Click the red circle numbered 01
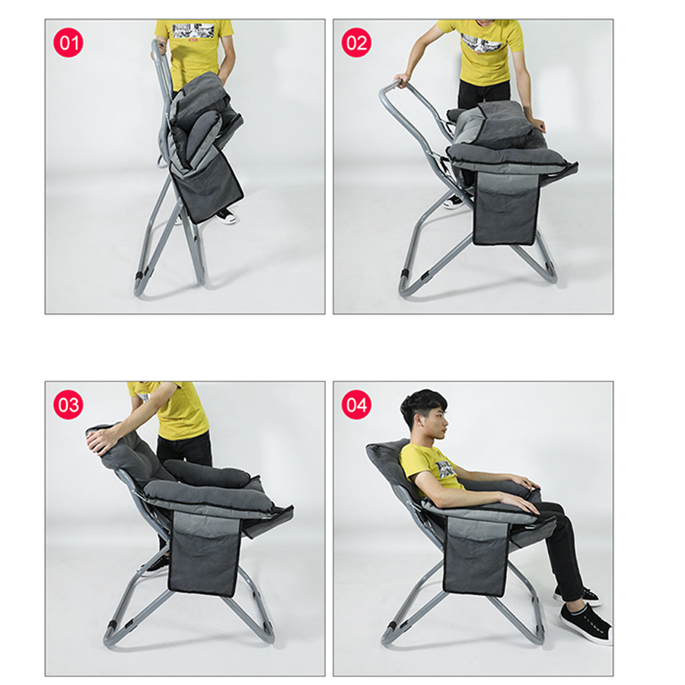(x=68, y=43)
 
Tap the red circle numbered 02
(x=356, y=43)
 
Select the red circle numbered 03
(x=68, y=405)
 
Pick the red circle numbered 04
(x=356, y=405)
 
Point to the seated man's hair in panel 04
(x=422, y=405)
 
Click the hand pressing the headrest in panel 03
(x=100, y=442)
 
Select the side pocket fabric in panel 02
(x=505, y=208)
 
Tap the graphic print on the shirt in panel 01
(x=193, y=31)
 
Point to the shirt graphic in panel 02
(x=483, y=45)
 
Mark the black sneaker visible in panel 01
(x=225, y=215)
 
